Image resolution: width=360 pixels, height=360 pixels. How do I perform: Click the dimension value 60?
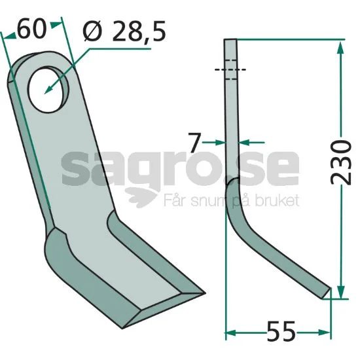pos(31,29)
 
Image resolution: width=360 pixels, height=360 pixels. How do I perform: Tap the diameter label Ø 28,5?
pos(124,31)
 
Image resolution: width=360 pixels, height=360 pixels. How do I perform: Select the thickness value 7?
pos(194,143)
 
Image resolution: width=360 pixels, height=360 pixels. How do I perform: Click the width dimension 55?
pos(281,333)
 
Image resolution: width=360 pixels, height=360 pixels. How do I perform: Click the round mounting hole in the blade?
pos(48,90)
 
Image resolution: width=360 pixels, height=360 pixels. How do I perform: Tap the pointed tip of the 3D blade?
pos(204,293)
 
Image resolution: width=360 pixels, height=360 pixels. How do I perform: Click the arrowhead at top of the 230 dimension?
pos(341,47)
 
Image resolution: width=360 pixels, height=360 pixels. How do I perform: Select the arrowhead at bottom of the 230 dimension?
pos(342,292)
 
